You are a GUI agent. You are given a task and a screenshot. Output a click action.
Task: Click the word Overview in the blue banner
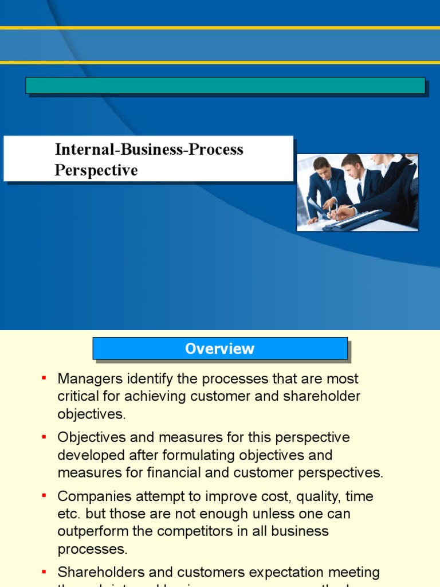pyautogui.click(x=220, y=349)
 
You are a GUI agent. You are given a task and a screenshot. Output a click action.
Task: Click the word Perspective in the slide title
pyautogui.click(x=96, y=170)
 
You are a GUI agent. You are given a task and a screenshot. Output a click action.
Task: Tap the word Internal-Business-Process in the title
pyautogui.click(x=149, y=150)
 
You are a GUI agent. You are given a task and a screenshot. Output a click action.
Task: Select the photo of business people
pyautogui.click(x=357, y=193)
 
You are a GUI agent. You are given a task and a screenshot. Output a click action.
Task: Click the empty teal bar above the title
pyautogui.click(x=225, y=85)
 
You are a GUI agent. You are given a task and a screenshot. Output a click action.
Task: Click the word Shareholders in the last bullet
pyautogui.click(x=97, y=572)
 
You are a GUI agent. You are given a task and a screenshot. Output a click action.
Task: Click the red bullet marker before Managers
pyautogui.click(x=44, y=379)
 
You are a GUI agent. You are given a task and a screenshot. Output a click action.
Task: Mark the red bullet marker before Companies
pyautogui.click(x=44, y=496)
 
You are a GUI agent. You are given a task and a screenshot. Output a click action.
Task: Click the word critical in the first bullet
pyautogui.click(x=77, y=396)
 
